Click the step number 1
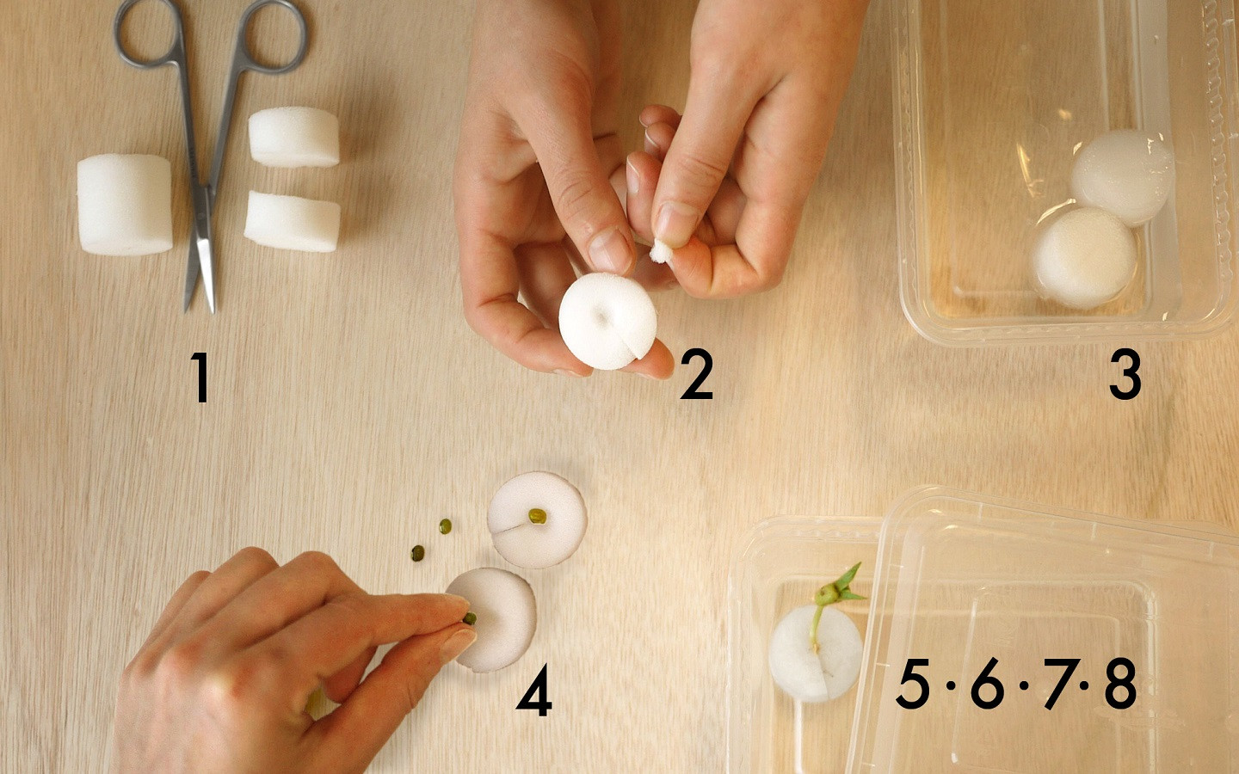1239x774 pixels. coord(200,377)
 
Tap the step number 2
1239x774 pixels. coord(697,373)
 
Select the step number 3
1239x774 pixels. coord(1125,374)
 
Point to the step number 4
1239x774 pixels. coord(534,690)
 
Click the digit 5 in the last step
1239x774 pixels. coord(912,684)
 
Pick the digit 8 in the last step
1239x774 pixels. coord(1120,684)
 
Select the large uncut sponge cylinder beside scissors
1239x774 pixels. coord(125,205)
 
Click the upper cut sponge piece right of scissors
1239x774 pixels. coord(293,137)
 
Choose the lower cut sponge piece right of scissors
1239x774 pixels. coord(292,221)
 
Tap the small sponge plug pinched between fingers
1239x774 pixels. coord(661,251)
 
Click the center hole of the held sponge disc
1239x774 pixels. coord(601,317)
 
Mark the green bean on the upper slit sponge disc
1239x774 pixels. coord(537,516)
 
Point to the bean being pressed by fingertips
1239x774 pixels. coord(470,618)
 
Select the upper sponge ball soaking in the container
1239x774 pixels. coord(1122,177)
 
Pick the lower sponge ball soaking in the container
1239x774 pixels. coord(1083,258)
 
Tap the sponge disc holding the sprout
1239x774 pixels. coord(816,654)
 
